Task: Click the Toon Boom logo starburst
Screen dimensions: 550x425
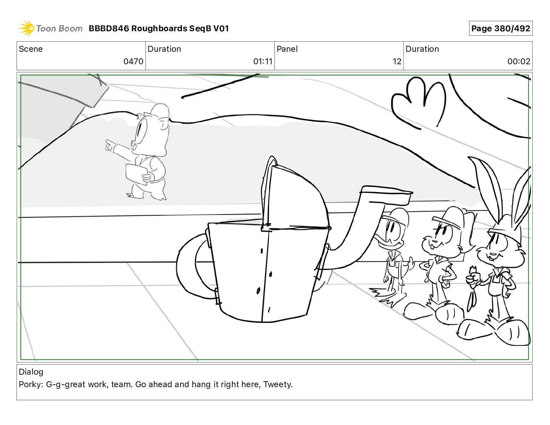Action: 26,28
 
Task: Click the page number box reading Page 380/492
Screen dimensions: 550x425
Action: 500,28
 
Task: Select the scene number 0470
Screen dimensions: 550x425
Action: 133,61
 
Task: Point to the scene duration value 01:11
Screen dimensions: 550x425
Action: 262,61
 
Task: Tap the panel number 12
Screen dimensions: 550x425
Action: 397,61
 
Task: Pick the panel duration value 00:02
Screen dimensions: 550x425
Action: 518,61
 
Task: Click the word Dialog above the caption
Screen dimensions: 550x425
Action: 31,372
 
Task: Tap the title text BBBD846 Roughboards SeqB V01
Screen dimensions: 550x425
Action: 159,28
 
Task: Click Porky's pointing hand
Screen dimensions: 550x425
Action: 109,145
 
